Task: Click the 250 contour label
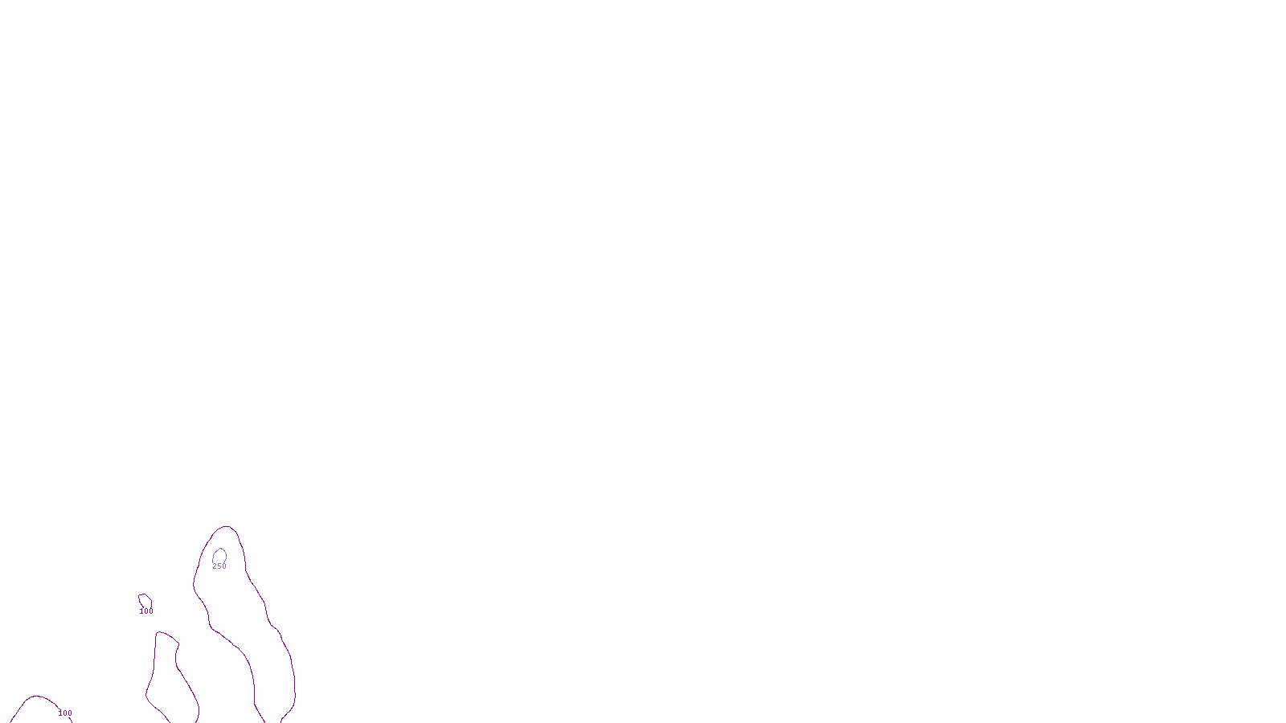(x=219, y=566)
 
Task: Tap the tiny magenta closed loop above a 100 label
(x=145, y=600)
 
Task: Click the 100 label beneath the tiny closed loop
(x=145, y=611)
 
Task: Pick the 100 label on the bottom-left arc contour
(x=65, y=713)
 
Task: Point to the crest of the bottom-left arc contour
(x=36, y=696)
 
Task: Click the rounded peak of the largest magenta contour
(x=226, y=527)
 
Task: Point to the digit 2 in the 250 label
(x=215, y=566)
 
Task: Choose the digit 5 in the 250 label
(x=219, y=566)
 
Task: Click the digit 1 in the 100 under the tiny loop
(x=141, y=611)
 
